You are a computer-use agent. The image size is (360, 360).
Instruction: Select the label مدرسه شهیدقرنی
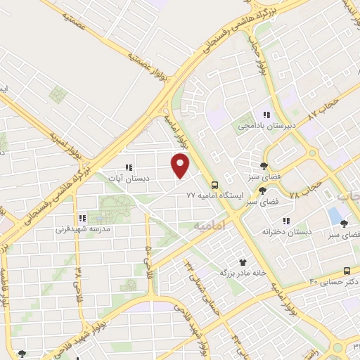click(81, 229)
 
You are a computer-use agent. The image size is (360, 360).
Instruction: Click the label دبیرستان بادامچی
click(266, 125)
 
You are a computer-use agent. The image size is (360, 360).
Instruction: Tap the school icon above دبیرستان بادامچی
click(266, 114)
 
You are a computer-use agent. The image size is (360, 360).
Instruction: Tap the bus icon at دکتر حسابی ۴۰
click(347, 271)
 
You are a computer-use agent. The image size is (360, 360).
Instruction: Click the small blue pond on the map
click(334, 215)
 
